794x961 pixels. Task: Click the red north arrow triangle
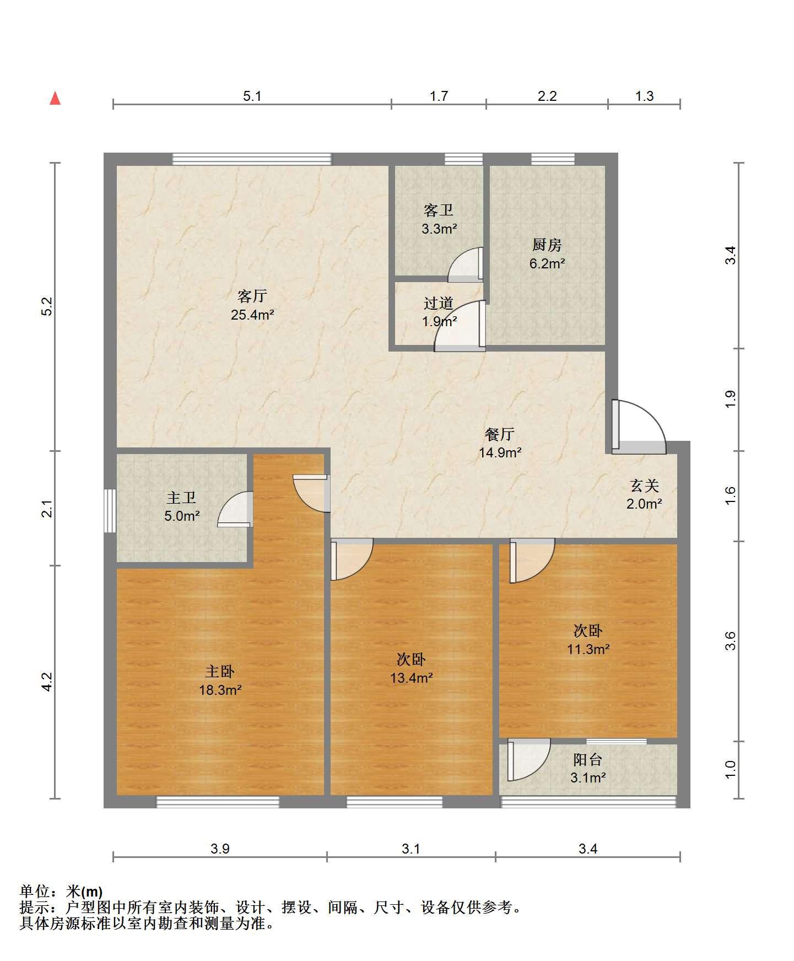[x=55, y=98]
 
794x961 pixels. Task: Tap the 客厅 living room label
[x=252, y=296]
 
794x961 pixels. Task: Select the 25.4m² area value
[x=253, y=315]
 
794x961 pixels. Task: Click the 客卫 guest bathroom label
[x=439, y=210]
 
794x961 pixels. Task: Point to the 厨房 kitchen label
[x=547, y=245]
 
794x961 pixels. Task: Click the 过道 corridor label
[x=439, y=303]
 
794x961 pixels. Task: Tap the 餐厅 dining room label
[x=500, y=434]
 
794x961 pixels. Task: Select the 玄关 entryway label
[x=644, y=485]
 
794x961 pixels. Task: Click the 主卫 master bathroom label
[x=182, y=498]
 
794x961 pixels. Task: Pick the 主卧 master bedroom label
[x=220, y=671]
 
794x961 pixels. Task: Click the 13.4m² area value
[x=412, y=678]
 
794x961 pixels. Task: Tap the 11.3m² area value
[x=588, y=649]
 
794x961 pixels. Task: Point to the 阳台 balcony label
[x=588, y=760]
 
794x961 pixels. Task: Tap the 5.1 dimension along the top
[x=252, y=96]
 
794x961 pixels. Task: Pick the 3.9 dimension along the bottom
[x=220, y=849]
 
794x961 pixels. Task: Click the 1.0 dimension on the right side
[x=731, y=770]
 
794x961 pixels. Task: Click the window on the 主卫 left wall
[x=110, y=510]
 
